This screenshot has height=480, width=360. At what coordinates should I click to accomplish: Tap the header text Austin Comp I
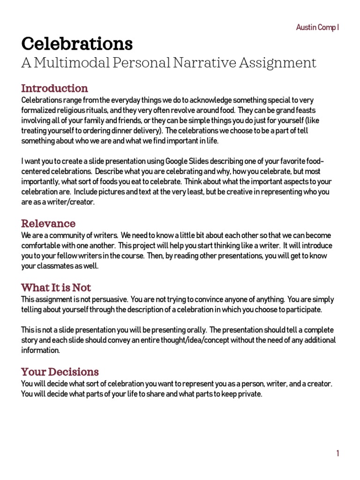[317, 28]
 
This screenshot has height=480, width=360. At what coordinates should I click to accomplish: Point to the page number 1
[337, 453]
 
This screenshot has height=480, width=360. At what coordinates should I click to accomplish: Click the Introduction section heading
[54, 88]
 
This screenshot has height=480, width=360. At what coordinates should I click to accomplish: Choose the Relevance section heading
[48, 223]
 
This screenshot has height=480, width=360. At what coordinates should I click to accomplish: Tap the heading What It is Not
[56, 287]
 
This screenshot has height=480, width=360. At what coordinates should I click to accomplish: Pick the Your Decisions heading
[60, 372]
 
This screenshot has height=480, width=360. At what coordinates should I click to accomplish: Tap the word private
[249, 394]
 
